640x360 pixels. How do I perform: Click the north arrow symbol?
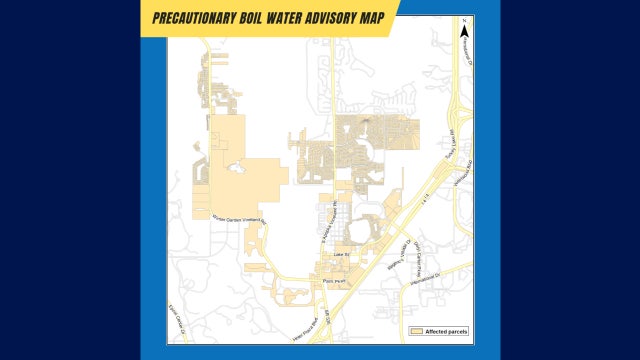[464, 31]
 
